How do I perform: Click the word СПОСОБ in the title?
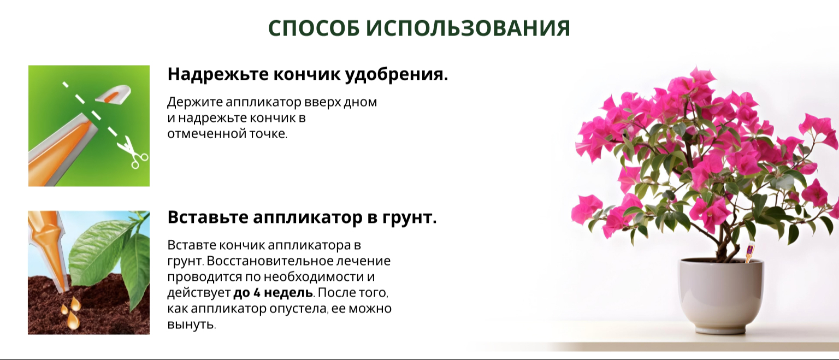[314, 28]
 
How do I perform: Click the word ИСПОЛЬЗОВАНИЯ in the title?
[468, 28]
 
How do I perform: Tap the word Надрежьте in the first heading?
[217, 74]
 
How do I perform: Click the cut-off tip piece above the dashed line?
[113, 93]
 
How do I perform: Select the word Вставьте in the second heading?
[208, 217]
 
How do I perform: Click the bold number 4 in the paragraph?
[257, 293]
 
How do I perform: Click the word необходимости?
[314, 277]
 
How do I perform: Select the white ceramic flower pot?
[721, 296]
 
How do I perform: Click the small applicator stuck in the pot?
[749, 253]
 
